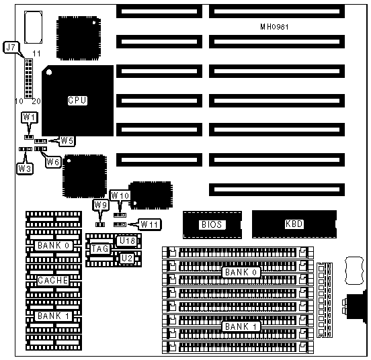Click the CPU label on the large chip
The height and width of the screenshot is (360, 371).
(77, 101)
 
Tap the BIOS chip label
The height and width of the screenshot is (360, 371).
(212, 224)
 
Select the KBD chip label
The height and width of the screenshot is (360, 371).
(294, 224)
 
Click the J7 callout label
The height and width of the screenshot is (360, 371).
(11, 47)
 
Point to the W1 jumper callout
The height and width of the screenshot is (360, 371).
(30, 117)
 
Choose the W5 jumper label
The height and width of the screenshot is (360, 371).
(67, 140)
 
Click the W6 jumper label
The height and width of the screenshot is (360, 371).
(53, 162)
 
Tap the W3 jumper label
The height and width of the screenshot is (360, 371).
(25, 169)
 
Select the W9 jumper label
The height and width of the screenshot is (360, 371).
(101, 205)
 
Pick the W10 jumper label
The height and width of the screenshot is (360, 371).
(120, 195)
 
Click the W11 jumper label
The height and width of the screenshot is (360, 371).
(149, 224)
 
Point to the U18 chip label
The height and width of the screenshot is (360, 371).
(127, 241)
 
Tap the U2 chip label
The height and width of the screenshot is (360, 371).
(127, 258)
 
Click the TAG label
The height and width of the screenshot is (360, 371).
(100, 249)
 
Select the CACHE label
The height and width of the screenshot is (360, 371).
(53, 280)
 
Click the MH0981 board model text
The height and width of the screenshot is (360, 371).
(274, 27)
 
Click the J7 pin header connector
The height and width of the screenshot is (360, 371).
(29, 79)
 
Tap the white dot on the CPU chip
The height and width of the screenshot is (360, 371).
(49, 72)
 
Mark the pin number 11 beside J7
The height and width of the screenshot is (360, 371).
(36, 54)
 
